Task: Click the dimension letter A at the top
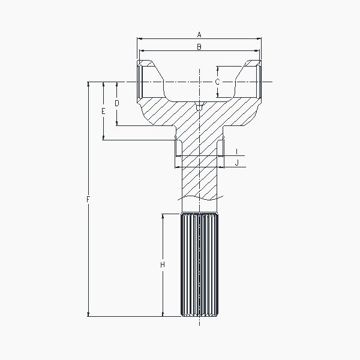[199, 35]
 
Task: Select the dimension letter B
[199, 47]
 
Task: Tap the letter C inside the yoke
[217, 82]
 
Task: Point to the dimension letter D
[117, 103]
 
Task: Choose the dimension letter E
[103, 111]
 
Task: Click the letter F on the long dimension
[88, 199]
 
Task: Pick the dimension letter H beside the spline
[163, 265]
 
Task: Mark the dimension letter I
[237, 152]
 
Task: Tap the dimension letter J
[237, 163]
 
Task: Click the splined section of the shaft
[199, 265]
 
